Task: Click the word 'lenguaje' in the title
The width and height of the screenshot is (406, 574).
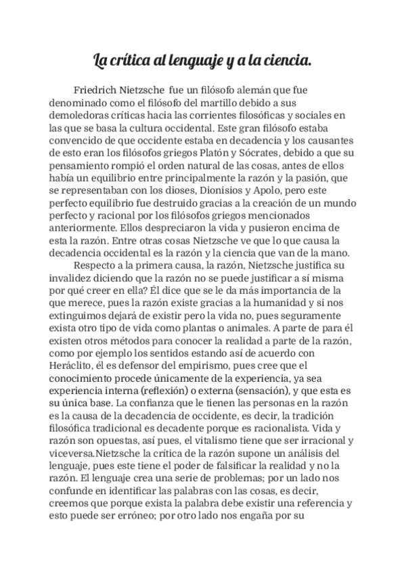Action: [x=189, y=62]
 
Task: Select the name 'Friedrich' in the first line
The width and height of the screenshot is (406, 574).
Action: [x=98, y=89]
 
